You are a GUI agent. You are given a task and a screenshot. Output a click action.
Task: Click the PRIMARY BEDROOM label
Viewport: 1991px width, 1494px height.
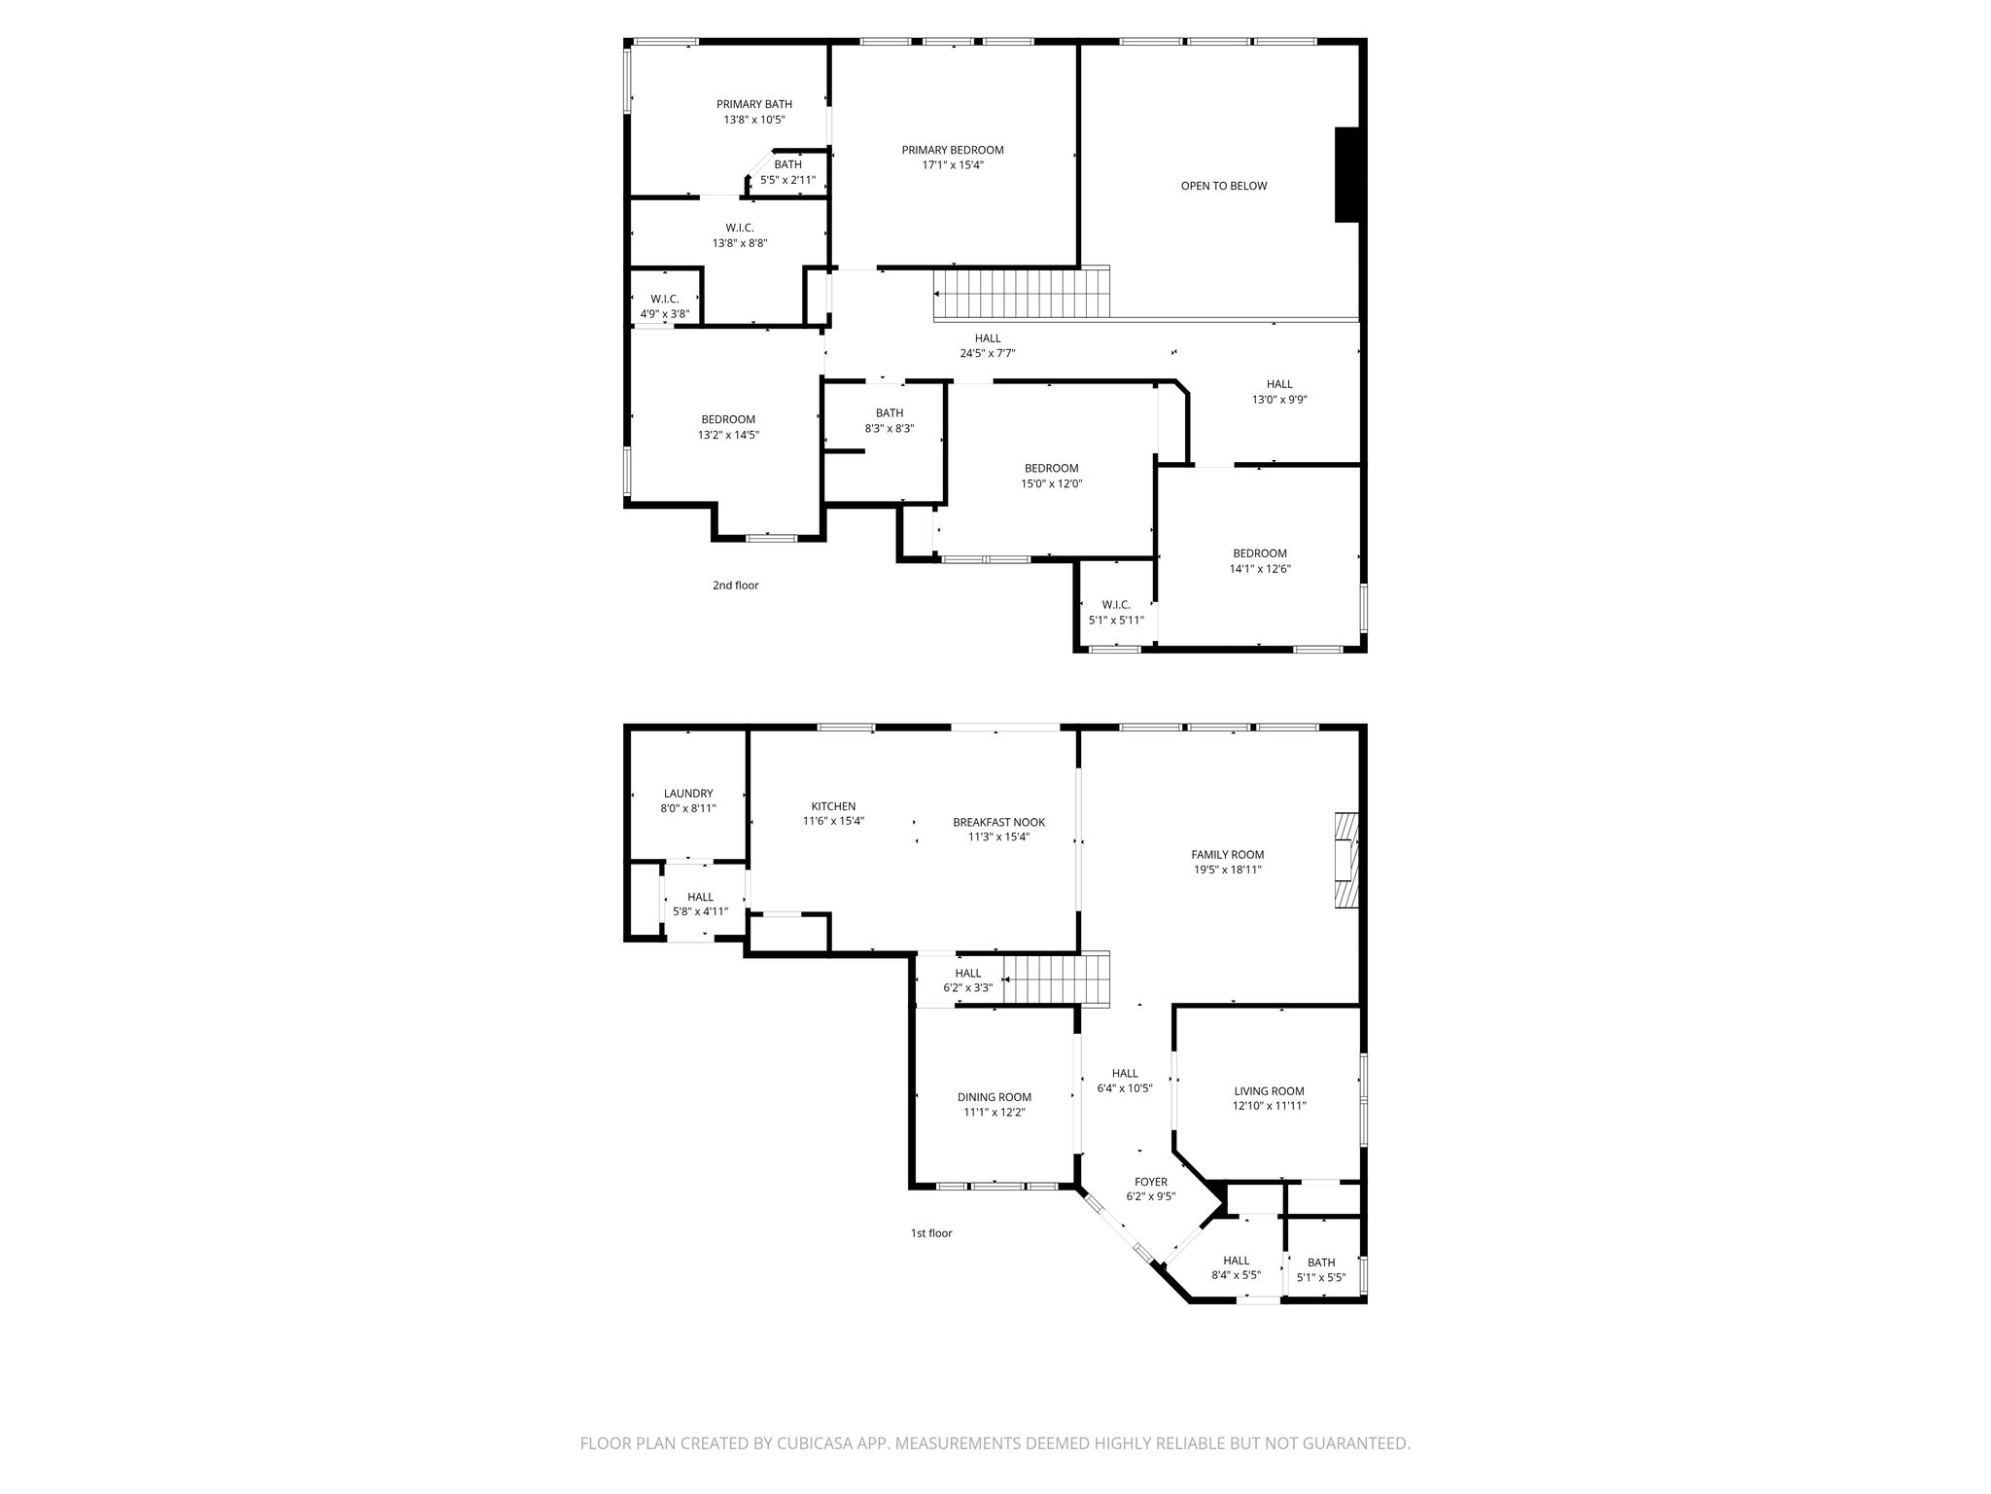coord(952,150)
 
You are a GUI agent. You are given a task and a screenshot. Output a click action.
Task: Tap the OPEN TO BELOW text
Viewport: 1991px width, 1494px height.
coord(1223,186)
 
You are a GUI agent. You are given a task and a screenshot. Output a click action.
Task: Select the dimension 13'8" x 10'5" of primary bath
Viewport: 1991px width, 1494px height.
coord(753,120)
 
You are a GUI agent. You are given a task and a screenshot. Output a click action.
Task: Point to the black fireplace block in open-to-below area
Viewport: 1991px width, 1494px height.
coord(1346,175)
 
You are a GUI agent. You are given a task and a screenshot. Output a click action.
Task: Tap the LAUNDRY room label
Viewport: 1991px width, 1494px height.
coord(688,793)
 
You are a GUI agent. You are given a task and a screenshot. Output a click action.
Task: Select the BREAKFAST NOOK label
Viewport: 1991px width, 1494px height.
coord(998,822)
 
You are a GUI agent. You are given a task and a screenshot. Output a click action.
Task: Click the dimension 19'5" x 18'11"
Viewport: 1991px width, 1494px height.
coord(1228,870)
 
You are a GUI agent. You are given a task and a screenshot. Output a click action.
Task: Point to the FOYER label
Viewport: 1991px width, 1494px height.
coord(1151,1182)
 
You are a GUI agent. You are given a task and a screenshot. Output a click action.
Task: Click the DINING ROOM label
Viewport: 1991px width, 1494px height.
coord(994,1097)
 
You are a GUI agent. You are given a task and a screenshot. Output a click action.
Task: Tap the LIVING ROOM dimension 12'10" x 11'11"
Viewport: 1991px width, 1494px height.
coord(1269,1106)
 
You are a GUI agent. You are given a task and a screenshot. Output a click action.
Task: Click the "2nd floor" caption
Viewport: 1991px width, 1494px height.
coord(735,586)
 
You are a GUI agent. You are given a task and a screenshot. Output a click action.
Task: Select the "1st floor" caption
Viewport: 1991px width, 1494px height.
coord(930,1233)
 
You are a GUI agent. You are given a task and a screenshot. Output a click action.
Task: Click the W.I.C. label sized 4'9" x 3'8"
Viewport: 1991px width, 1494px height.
coord(664,299)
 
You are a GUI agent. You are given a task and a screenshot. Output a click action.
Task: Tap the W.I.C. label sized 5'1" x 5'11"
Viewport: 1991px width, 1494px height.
coord(1115,605)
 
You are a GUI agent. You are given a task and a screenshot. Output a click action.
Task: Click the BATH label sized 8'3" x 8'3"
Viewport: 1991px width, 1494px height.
coord(889,412)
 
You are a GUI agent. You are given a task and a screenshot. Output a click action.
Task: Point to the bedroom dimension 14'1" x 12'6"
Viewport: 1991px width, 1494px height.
coord(1260,569)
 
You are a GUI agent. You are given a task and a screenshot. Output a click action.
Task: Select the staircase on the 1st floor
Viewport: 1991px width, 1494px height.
coord(1056,979)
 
